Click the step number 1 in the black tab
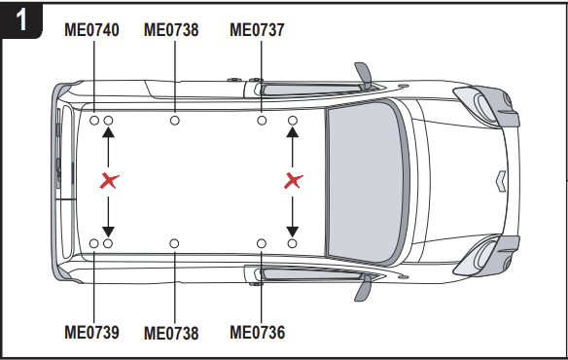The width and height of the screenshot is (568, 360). [x=21, y=19]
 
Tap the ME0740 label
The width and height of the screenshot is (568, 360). [x=91, y=30]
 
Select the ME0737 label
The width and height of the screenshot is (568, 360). [x=257, y=30]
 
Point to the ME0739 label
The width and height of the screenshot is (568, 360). [x=91, y=332]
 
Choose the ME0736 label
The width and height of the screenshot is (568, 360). [x=257, y=332]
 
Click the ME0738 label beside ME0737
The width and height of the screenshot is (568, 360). [x=171, y=30]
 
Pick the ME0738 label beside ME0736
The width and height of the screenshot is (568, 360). [x=171, y=333]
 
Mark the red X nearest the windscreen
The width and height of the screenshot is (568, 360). [x=293, y=181]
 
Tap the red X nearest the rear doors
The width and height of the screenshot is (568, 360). [x=109, y=181]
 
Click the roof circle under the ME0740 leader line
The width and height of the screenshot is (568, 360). [x=94, y=121]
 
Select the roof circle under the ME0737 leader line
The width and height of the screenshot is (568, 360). [x=262, y=121]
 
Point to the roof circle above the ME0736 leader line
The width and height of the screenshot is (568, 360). [x=262, y=243]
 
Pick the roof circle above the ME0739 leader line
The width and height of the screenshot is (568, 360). [x=93, y=243]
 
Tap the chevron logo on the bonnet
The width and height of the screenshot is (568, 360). [x=501, y=181]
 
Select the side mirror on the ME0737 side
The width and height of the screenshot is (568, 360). [x=364, y=74]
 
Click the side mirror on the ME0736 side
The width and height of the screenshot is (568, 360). [x=364, y=288]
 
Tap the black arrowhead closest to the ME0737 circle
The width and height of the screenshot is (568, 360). [x=293, y=132]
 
